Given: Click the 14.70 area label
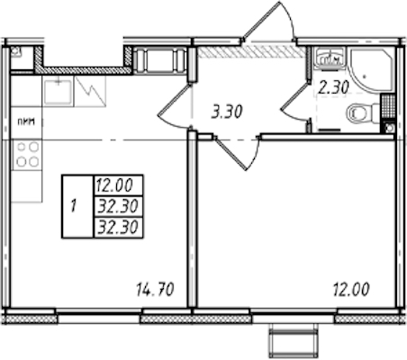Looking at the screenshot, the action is click(x=155, y=290).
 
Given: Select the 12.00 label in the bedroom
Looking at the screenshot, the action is click(x=351, y=290).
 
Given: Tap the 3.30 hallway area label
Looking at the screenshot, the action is click(x=227, y=112).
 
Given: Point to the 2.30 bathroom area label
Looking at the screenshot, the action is click(x=334, y=88).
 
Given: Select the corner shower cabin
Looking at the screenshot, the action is click(x=372, y=69).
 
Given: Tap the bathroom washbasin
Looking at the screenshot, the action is click(x=330, y=58).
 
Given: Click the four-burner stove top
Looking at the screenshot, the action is click(x=27, y=155).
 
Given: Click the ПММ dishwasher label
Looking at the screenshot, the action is click(x=26, y=122).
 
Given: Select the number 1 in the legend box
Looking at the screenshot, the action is click(x=73, y=206).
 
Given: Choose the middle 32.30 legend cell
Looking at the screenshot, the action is click(x=118, y=206).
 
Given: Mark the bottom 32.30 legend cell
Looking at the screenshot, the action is click(x=118, y=227).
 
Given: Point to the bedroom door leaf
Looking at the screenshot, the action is click(x=231, y=154).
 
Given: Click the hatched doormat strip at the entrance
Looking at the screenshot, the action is click(x=251, y=51).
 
